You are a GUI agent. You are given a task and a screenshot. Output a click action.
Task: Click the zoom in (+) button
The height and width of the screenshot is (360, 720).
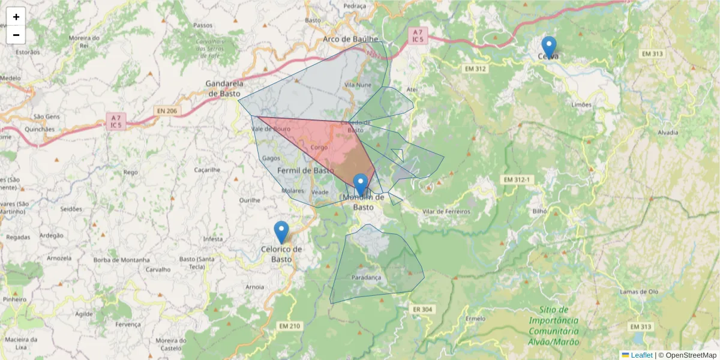coord(16,17)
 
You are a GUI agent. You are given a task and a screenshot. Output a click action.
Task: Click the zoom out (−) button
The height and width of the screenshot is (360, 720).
coord(16,35)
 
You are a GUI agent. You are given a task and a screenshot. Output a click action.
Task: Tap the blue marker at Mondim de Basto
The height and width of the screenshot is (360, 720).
coord(361,185)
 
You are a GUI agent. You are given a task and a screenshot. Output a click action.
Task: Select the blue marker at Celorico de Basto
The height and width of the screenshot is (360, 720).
coord(281,232)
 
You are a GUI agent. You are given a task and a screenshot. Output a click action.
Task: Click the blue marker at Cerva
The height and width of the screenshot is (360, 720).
coord(548,47)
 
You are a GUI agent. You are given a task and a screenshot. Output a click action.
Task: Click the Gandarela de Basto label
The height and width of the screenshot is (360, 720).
coord(224,88)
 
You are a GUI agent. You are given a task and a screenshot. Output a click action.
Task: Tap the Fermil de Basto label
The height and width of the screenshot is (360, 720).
coord(305,170)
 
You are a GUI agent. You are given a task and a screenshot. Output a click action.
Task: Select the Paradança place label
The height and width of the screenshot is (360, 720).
coord(366,278)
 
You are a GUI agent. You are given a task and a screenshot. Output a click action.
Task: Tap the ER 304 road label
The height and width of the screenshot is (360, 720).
coord(423,309)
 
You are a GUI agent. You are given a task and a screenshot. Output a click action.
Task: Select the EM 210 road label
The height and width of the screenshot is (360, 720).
coord(289,326)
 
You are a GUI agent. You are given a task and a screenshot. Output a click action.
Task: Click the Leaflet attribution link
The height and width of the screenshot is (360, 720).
coord(641,355)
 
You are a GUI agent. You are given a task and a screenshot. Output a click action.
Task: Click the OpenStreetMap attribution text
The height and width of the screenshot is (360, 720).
coord(691,355)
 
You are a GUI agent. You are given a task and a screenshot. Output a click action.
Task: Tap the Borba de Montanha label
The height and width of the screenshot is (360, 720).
coord(121,260)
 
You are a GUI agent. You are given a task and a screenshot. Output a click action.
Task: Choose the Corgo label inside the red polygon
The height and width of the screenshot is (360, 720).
coord(319,147)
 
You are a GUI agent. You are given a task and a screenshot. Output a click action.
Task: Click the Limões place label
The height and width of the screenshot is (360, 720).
coord(582,104)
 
